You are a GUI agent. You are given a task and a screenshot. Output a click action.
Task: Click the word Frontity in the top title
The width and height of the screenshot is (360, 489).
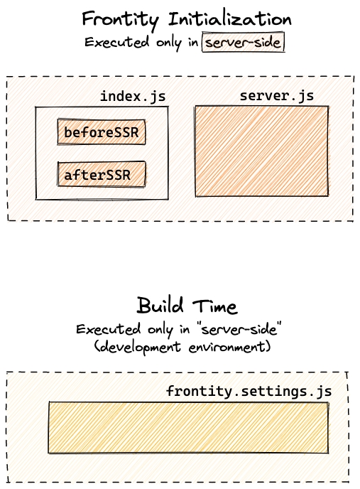[x=121, y=20]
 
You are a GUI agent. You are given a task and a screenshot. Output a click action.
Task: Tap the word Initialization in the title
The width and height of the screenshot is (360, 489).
[x=230, y=19]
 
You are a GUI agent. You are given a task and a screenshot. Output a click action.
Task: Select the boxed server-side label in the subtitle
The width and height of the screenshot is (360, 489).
[x=243, y=42]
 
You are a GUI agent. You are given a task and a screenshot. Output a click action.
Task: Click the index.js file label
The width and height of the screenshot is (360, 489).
[x=133, y=97]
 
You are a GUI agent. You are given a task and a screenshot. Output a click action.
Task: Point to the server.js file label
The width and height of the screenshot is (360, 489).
[x=277, y=95]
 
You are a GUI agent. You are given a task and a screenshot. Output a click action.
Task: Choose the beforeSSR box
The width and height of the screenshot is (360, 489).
[x=102, y=131]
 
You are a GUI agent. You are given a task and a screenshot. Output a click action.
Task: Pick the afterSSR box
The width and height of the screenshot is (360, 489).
[x=102, y=174]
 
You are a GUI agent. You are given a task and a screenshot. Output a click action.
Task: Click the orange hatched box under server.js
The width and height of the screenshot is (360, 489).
[x=261, y=151]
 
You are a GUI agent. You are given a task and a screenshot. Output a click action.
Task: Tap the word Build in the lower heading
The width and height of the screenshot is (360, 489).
[x=160, y=306]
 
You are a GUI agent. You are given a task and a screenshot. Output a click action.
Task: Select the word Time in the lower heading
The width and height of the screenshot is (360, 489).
[x=214, y=306]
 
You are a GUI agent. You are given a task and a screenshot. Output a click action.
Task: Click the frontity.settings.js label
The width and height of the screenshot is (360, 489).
[x=249, y=391]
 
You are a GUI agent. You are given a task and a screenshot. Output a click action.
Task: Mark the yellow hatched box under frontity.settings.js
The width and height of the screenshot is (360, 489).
[x=188, y=428]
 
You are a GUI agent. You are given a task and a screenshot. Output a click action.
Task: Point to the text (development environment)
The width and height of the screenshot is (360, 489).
[x=182, y=347]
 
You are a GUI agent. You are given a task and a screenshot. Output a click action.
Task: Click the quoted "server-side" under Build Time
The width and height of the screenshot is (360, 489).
[x=239, y=329]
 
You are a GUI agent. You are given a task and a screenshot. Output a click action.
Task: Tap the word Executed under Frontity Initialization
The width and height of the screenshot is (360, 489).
[x=116, y=42]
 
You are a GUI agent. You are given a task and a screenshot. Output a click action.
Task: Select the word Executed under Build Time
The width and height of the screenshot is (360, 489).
[x=108, y=329]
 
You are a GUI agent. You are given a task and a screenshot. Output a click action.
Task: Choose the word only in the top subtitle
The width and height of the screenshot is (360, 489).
[x=168, y=43]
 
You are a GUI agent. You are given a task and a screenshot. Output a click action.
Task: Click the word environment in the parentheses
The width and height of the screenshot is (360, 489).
[x=230, y=347]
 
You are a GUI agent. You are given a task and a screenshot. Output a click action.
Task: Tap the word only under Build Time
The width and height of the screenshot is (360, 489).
[x=160, y=331]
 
